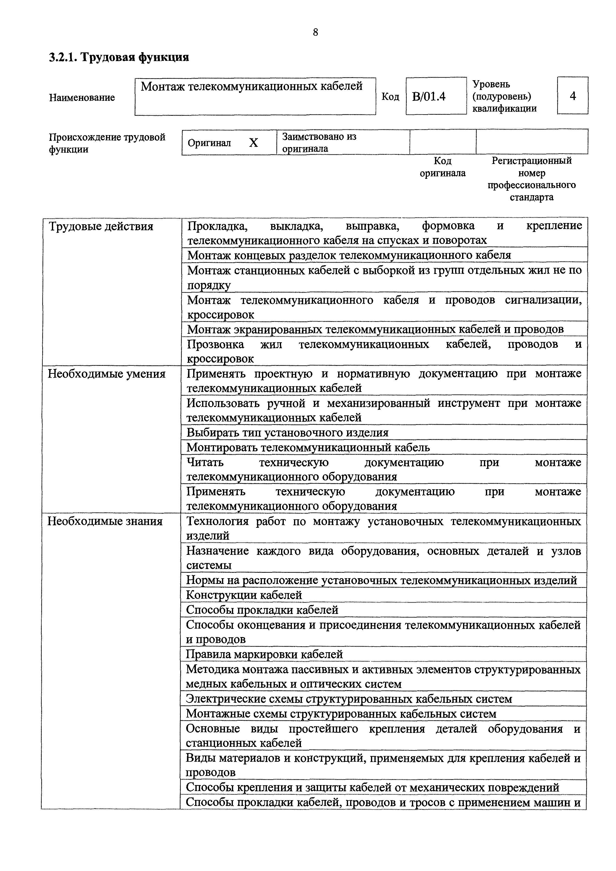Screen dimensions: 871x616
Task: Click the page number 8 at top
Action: [315, 33]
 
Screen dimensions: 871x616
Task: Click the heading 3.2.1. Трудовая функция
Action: [119, 57]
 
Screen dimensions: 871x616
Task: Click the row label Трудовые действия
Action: [101, 227]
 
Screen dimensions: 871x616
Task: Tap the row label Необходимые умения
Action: [106, 374]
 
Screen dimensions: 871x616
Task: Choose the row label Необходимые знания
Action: [105, 521]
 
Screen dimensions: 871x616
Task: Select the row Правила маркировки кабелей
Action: [264, 654]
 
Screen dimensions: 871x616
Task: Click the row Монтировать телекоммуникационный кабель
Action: [308, 448]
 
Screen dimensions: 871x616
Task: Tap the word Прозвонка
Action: [216, 344]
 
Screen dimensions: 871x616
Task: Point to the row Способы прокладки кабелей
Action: [262, 610]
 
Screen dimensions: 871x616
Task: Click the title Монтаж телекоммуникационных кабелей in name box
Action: [252, 86]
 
